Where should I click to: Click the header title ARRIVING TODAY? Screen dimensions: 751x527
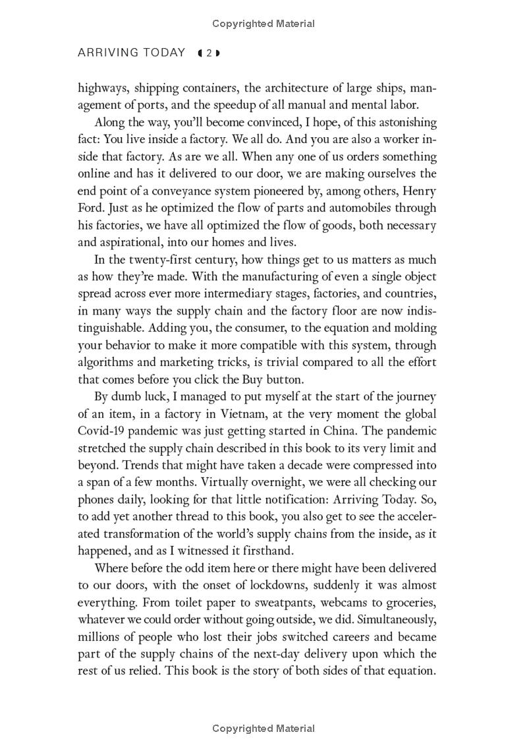point(131,53)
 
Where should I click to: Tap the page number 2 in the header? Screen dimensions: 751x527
point(208,53)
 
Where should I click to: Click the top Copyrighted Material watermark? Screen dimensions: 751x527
point(263,24)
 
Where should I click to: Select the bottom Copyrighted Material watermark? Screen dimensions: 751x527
point(263,729)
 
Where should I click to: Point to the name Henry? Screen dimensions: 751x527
point(419,191)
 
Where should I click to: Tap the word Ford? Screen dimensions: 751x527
point(91,208)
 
